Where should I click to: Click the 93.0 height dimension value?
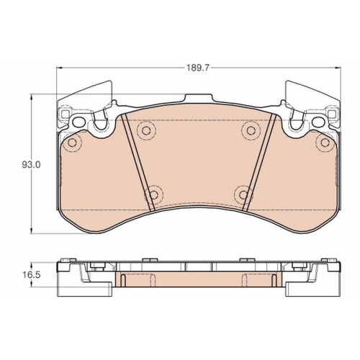tap(32, 165)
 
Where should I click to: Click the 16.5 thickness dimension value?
tap(32, 275)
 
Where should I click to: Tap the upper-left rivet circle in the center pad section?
tap(146, 130)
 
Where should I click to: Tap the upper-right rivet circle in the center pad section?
tap(251, 130)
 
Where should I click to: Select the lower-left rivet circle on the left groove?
tap(153, 194)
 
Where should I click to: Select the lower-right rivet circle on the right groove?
tap(243, 194)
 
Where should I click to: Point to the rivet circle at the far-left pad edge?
tap(72, 143)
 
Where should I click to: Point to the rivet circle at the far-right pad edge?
tap(325, 143)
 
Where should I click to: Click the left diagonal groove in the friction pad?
tap(138, 163)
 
